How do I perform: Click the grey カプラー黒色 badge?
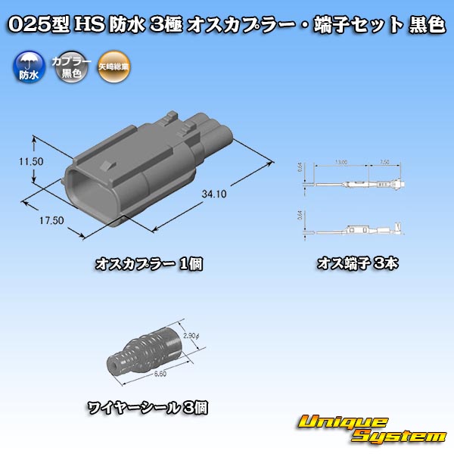(67, 67)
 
